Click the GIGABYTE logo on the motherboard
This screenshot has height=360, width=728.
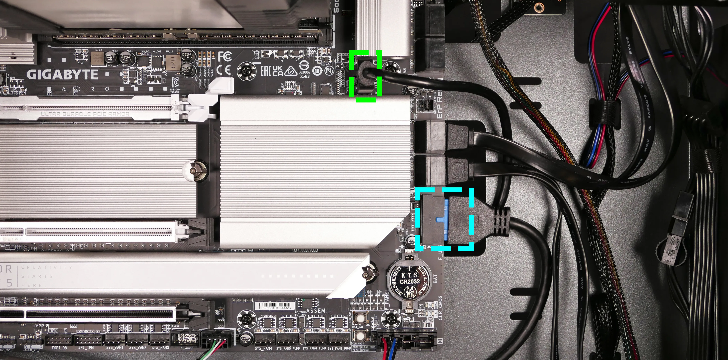(62, 75)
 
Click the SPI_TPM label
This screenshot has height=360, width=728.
(86, 348)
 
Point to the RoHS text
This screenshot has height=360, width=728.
(305, 76)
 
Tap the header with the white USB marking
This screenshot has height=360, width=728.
(187, 338)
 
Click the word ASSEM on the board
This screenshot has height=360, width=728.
(316, 311)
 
